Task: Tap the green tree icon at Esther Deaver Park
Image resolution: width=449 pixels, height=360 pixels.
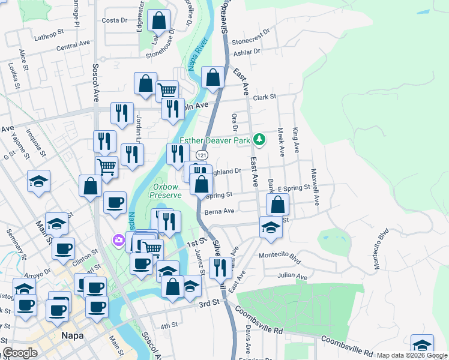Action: click(x=259, y=140)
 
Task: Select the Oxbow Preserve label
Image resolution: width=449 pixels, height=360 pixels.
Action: click(x=165, y=191)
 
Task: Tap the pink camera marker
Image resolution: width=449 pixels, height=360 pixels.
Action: click(x=118, y=241)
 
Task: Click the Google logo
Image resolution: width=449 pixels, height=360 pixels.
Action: click(x=20, y=353)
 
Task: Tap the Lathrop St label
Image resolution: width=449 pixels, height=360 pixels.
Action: click(x=45, y=36)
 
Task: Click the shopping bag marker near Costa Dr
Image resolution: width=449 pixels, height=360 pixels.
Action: click(x=158, y=22)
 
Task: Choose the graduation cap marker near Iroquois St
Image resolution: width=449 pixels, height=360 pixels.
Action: click(x=38, y=181)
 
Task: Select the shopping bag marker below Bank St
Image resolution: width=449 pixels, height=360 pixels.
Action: click(x=277, y=205)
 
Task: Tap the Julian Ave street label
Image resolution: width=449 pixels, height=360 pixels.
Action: click(x=292, y=277)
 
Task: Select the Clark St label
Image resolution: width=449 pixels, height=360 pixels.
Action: click(x=264, y=97)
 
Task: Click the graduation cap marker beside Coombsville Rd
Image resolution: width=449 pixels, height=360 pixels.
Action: click(x=422, y=346)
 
